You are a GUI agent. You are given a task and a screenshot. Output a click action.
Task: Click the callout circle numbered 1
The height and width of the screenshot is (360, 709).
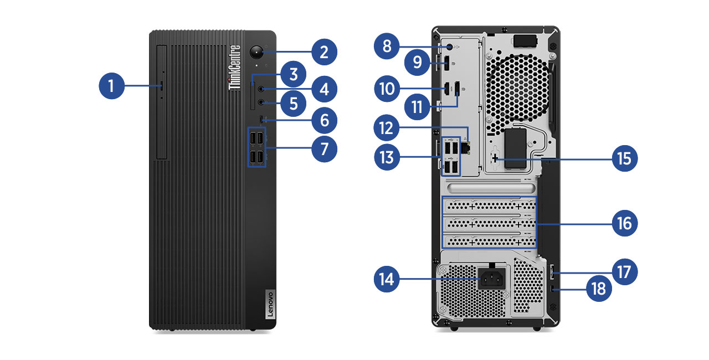point(111,86)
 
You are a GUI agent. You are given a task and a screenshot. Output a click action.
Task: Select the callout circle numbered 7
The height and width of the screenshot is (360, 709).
point(324,148)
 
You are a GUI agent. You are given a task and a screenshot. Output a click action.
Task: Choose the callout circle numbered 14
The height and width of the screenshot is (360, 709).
point(386,279)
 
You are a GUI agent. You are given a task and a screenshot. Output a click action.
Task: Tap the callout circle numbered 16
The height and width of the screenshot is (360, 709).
point(624,223)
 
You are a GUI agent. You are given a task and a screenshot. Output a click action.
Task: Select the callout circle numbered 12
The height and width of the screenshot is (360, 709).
point(386,129)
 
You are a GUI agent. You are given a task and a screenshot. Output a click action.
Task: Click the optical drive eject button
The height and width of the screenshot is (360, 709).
point(161,86)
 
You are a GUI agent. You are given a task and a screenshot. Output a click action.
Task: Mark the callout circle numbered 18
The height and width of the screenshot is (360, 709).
point(599,289)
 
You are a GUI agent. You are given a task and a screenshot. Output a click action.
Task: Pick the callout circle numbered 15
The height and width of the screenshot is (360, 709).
point(624,158)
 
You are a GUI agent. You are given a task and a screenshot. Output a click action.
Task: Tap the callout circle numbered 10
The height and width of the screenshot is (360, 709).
point(386,88)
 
